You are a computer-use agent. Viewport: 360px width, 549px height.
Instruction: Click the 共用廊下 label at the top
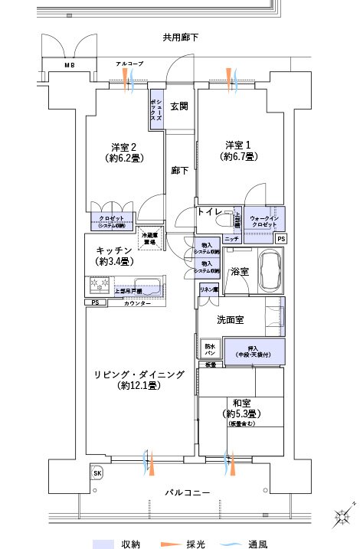click(181, 38)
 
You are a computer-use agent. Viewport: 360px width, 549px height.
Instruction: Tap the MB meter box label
click(70, 66)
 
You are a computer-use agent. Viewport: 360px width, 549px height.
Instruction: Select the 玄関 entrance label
click(179, 106)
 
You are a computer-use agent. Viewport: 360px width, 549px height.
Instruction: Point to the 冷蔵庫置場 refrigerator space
click(152, 238)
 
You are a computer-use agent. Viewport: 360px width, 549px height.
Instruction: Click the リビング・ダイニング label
click(139, 374)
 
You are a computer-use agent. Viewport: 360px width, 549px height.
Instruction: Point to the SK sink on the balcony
click(98, 473)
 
